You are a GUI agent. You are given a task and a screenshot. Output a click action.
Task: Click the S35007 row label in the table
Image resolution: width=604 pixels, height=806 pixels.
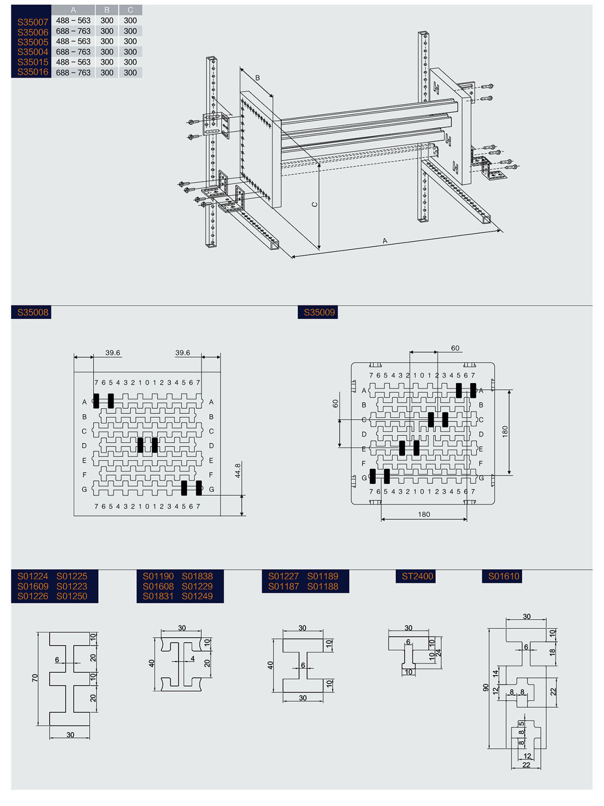tap(33, 22)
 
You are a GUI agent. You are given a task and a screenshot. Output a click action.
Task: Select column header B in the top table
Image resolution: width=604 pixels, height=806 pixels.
tap(107, 10)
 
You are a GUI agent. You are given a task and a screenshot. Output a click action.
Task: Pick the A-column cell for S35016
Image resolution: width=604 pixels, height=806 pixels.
tap(73, 72)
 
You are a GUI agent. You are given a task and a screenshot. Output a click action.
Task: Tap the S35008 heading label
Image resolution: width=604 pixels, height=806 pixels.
tap(33, 312)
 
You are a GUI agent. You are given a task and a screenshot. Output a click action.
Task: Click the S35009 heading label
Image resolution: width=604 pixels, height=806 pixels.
tap(319, 312)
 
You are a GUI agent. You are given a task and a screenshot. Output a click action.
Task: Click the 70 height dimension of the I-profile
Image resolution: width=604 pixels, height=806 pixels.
tap(35, 678)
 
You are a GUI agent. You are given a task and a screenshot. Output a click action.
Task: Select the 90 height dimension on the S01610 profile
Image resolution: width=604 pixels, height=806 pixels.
tap(486, 687)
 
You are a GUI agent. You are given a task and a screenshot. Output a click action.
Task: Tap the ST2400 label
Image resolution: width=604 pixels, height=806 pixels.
tap(418, 576)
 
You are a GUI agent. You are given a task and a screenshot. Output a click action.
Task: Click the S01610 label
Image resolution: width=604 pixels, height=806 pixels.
tap(503, 576)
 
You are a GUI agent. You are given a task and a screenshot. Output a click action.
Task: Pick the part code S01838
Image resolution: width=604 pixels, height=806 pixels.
tap(197, 576)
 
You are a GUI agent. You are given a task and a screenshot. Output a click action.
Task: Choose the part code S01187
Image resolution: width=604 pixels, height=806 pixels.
tap(283, 587)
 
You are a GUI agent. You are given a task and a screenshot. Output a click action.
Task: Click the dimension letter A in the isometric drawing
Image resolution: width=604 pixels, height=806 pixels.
tap(385, 241)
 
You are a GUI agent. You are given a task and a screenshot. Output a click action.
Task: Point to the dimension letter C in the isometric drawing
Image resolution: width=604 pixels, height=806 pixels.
tap(315, 205)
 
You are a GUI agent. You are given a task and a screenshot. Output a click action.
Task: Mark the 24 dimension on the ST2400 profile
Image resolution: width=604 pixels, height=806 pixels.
tap(438, 653)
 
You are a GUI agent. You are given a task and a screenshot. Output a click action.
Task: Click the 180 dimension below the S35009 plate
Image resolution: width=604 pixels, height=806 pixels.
tap(424, 515)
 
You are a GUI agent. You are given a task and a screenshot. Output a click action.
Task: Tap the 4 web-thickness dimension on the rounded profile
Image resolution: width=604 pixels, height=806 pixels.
tap(193, 658)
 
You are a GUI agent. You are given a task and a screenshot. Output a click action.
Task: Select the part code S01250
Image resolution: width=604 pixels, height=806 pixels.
tap(72, 596)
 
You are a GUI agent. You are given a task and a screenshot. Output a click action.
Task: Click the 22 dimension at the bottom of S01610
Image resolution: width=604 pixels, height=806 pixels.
tap(526, 765)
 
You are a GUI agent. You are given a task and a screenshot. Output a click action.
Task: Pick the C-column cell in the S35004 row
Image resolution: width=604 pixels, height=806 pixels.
tap(130, 52)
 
